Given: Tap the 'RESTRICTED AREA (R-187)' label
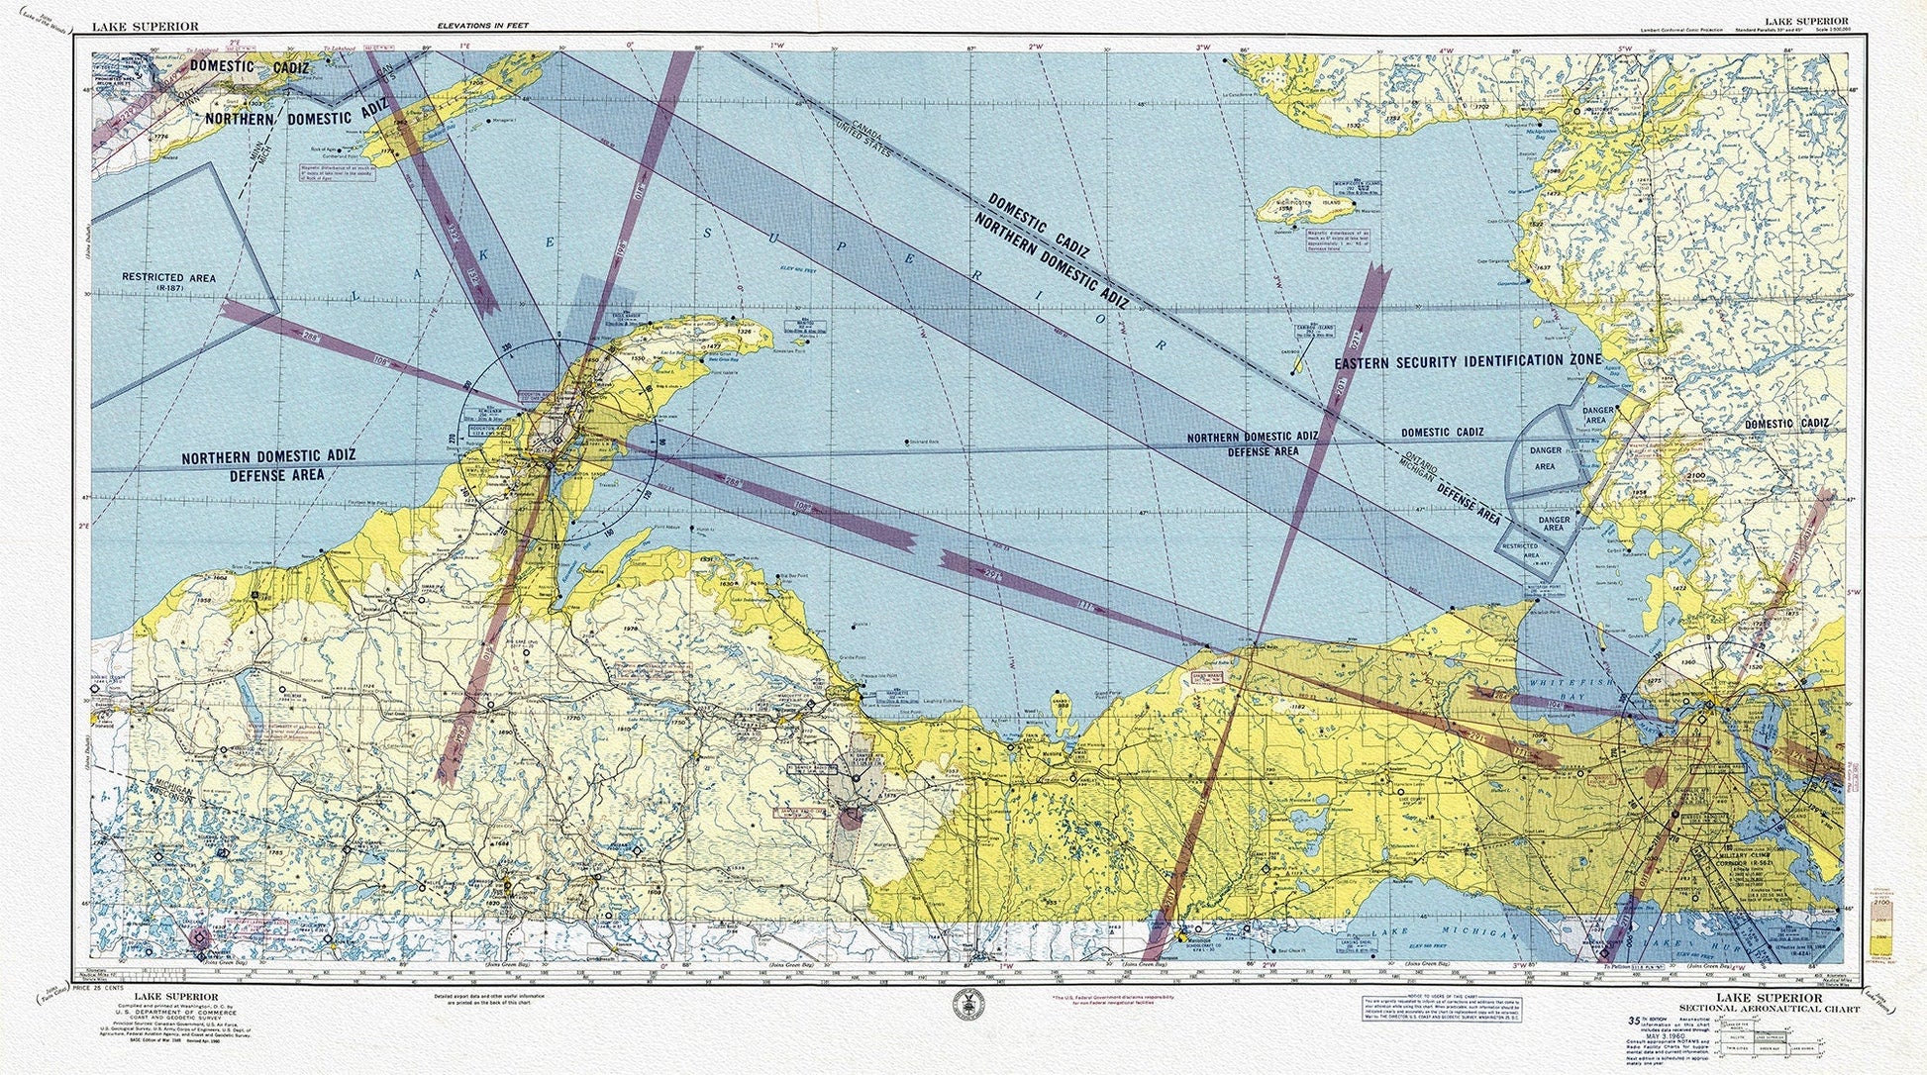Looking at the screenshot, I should point(167,283).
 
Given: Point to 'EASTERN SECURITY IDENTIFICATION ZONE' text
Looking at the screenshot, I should point(1467,361).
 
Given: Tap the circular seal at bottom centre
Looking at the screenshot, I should point(963,1007).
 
